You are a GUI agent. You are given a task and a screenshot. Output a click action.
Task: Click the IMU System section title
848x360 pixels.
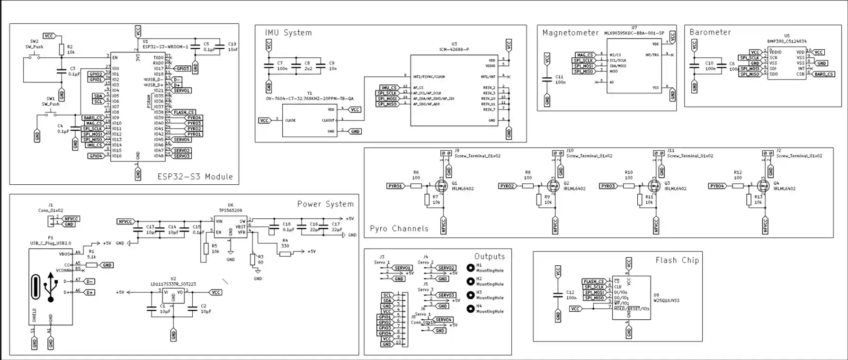(288, 33)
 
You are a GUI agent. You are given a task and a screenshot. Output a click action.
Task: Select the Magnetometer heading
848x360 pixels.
(570, 33)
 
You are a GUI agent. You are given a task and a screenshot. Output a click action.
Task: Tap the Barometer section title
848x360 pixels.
(710, 32)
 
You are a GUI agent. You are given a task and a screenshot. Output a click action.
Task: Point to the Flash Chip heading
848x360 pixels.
(677, 260)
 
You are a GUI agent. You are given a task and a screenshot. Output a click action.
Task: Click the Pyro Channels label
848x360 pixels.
(399, 229)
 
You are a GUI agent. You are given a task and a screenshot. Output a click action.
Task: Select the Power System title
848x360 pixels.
(325, 204)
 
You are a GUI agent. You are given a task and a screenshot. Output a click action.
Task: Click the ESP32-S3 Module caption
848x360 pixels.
(195, 177)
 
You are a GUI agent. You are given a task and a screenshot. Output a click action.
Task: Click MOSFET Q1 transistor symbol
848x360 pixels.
(441, 185)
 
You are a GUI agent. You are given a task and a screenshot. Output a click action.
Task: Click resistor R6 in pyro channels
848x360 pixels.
(416, 186)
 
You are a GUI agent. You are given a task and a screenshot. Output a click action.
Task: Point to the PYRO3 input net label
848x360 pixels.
(608, 186)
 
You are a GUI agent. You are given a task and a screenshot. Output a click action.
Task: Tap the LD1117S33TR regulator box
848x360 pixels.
(173, 296)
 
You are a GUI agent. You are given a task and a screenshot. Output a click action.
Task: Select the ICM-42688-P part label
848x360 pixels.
(454, 49)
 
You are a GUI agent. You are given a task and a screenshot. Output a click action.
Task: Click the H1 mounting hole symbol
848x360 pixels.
(470, 268)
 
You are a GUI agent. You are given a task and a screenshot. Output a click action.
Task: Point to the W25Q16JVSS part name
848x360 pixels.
(666, 300)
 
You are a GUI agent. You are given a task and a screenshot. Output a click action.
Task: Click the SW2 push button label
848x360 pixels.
(34, 42)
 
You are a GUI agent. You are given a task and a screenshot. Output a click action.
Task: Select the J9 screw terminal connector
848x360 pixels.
(446, 153)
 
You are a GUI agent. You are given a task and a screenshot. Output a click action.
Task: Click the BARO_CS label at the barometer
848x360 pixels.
(824, 74)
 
